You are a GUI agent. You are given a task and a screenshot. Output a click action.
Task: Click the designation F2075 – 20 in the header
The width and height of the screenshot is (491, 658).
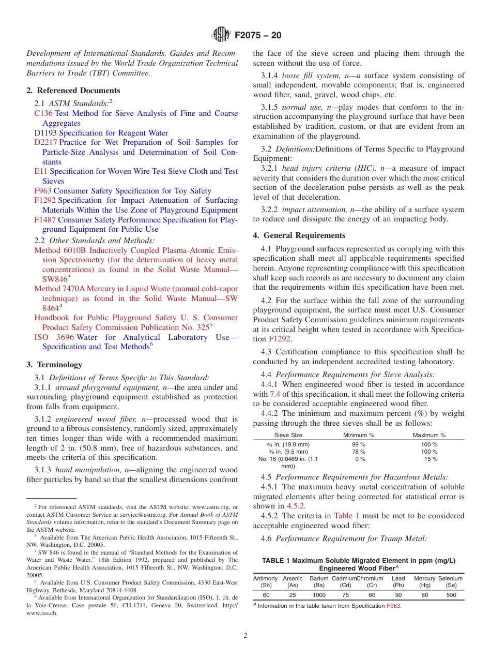[258, 36]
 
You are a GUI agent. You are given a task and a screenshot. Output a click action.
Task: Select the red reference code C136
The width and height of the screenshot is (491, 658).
[43, 113]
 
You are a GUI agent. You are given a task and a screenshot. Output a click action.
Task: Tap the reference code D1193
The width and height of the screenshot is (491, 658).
[45, 133]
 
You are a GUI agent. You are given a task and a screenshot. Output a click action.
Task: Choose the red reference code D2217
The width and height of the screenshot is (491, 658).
[45, 142]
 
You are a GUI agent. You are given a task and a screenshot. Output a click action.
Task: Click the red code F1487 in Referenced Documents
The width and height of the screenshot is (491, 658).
[45, 220]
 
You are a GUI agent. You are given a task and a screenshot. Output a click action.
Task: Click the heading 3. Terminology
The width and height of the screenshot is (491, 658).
[54, 365]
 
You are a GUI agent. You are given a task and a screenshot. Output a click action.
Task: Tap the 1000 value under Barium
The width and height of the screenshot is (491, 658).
[319, 595]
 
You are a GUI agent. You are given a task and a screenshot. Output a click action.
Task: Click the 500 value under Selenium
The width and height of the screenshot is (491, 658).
[451, 595]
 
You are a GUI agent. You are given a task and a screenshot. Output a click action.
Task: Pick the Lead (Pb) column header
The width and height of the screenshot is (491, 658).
[398, 581]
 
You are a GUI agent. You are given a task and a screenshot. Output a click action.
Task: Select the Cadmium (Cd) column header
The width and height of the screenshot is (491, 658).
[345, 581]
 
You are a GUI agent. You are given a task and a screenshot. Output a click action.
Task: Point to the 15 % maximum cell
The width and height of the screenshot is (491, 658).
[431, 459]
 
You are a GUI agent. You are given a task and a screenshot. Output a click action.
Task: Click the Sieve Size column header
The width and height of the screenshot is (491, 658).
[288, 436]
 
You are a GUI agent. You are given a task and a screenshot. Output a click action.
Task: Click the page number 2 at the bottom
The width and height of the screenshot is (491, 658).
[245, 636]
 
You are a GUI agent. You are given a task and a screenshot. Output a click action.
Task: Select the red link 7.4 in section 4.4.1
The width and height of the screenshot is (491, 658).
[275, 394]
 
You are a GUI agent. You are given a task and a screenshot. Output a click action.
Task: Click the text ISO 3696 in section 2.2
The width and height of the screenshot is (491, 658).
[54, 337]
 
